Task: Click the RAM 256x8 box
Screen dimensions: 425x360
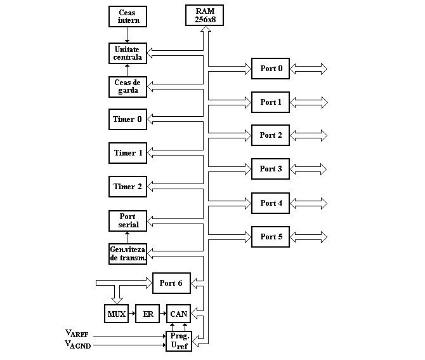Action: point(204,15)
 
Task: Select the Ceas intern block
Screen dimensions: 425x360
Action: point(128,17)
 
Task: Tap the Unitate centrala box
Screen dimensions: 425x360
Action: point(128,53)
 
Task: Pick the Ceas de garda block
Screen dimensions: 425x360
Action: point(128,87)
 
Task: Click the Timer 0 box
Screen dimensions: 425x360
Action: point(128,119)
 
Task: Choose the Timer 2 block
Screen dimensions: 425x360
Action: point(128,187)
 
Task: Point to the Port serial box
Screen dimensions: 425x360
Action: point(128,221)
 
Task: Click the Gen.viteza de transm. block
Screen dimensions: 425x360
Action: point(128,254)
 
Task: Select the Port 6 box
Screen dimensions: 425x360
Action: point(171,283)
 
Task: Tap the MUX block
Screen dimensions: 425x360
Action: point(116,314)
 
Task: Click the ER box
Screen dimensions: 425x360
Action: point(147,314)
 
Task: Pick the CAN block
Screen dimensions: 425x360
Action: point(179,314)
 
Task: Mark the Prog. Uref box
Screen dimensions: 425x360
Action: point(179,342)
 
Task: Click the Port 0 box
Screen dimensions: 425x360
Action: point(270,69)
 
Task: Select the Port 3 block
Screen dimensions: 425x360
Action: point(270,169)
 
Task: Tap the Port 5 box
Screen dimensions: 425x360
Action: point(270,237)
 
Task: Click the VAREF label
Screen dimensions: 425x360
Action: point(77,333)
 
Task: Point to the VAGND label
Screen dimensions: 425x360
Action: point(78,345)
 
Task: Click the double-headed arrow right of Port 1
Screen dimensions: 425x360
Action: point(309,103)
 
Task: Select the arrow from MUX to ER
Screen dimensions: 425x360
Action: point(132,314)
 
